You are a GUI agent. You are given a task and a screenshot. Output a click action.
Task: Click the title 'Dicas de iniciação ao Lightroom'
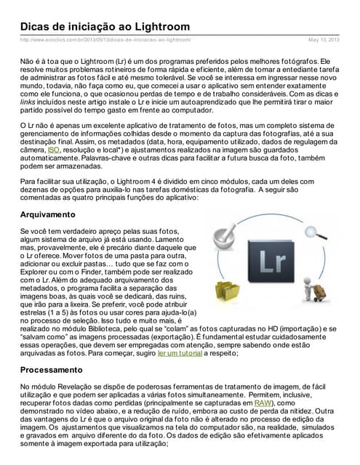pyautogui.click(x=105, y=26)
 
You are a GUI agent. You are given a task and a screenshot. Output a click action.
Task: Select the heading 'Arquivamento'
pyautogui.click(x=48, y=215)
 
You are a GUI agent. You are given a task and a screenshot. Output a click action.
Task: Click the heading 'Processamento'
pyautogui.click(x=52, y=369)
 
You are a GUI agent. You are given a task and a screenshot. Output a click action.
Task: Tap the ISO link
pyautogui.click(x=53, y=150)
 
